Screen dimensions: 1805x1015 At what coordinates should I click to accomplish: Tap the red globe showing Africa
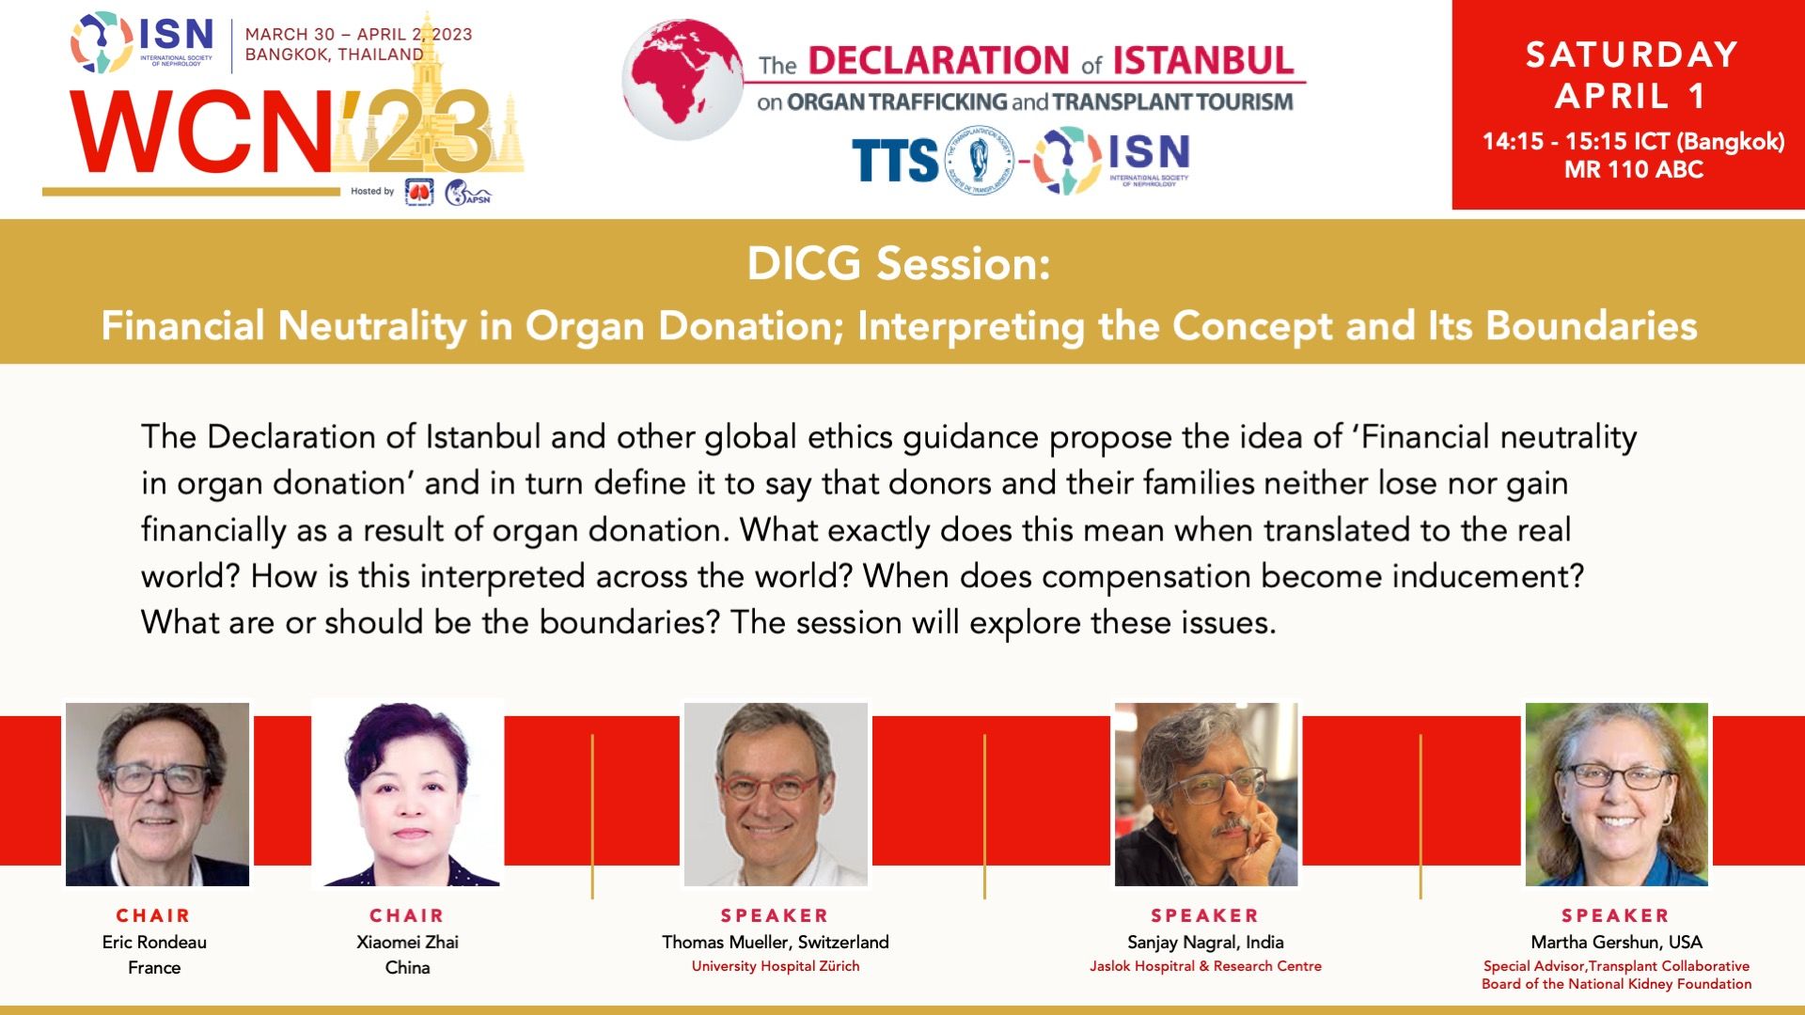683,80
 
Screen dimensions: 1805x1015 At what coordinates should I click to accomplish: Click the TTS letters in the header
894,161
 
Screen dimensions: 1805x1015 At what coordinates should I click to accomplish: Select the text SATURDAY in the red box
1631,55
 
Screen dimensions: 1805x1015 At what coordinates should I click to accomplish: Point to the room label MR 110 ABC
1634,169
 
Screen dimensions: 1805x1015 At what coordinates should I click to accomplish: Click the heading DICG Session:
898,263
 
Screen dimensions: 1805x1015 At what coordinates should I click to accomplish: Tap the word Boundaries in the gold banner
1591,326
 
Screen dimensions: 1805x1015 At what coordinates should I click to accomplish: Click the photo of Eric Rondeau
157,794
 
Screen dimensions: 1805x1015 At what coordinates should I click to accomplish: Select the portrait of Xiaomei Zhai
408,794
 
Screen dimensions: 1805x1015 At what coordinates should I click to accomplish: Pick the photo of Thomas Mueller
776,794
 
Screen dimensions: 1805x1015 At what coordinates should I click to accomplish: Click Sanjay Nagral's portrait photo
1206,794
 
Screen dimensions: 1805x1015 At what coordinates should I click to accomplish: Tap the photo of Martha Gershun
1617,794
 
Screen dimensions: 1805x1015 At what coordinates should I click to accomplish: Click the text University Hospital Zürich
776,966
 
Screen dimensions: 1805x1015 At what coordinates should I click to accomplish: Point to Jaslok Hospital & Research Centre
1205,966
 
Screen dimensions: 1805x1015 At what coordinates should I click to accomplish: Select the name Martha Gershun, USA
1617,942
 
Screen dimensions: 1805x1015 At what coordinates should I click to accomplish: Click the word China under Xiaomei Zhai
407,967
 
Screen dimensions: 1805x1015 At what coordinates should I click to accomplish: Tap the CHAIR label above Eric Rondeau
153,915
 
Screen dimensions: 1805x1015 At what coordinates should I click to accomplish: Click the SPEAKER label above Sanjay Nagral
1205,915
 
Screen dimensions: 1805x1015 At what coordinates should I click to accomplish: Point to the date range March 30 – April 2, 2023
359,35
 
